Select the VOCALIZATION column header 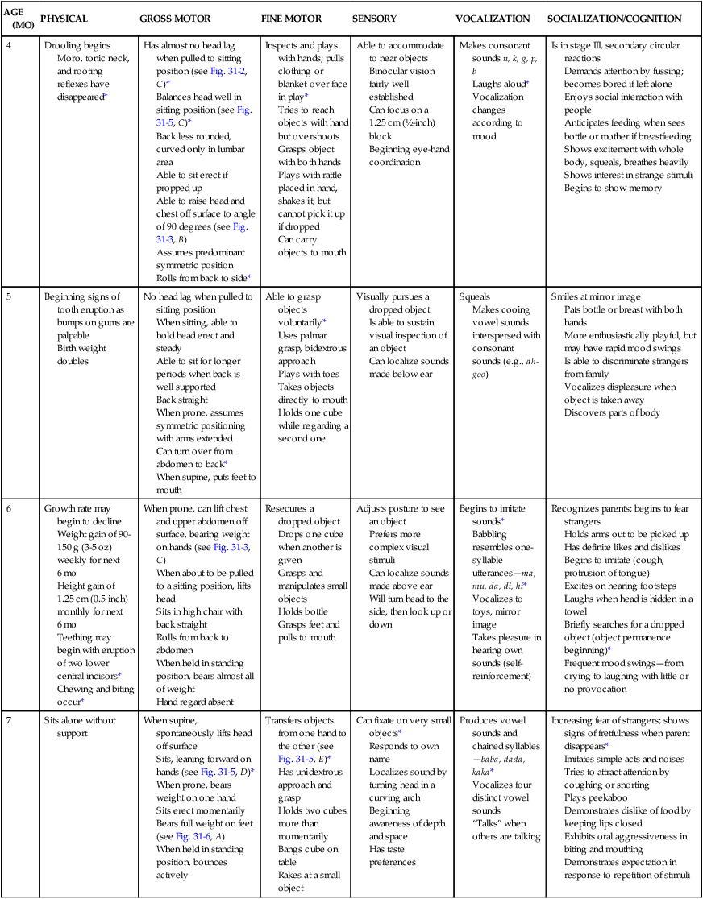click(492, 18)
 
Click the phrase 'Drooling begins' click(78, 45)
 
